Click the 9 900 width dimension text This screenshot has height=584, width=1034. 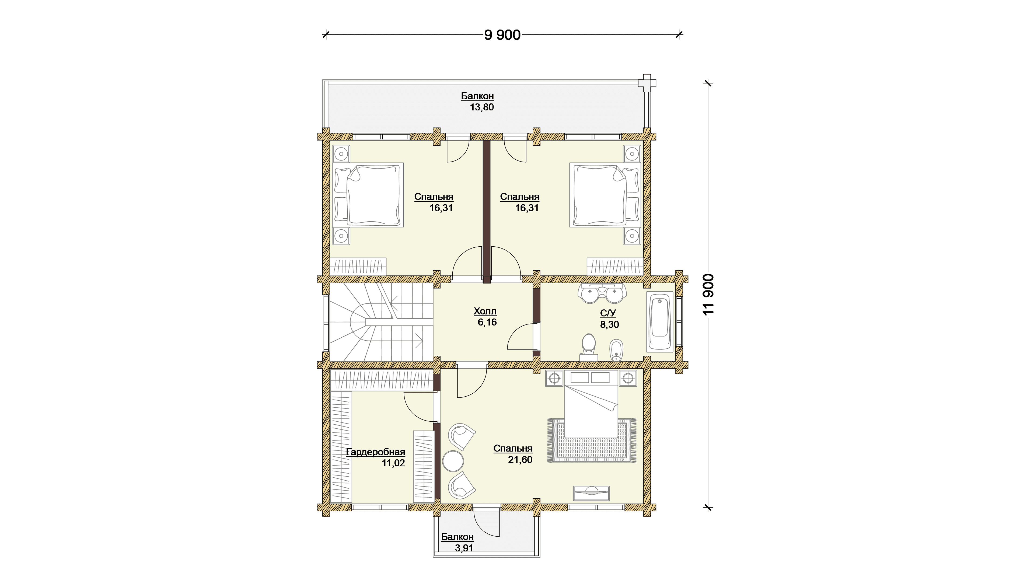(x=502, y=35)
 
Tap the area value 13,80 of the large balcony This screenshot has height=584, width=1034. (x=482, y=107)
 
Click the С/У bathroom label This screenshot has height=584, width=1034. (x=608, y=313)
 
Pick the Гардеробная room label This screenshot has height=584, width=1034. (x=375, y=452)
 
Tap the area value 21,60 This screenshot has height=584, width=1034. (x=520, y=460)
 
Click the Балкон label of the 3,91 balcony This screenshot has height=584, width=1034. (x=457, y=537)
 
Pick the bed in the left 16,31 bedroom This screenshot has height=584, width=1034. (x=368, y=195)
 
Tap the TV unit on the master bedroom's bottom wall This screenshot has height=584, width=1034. (x=591, y=493)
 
